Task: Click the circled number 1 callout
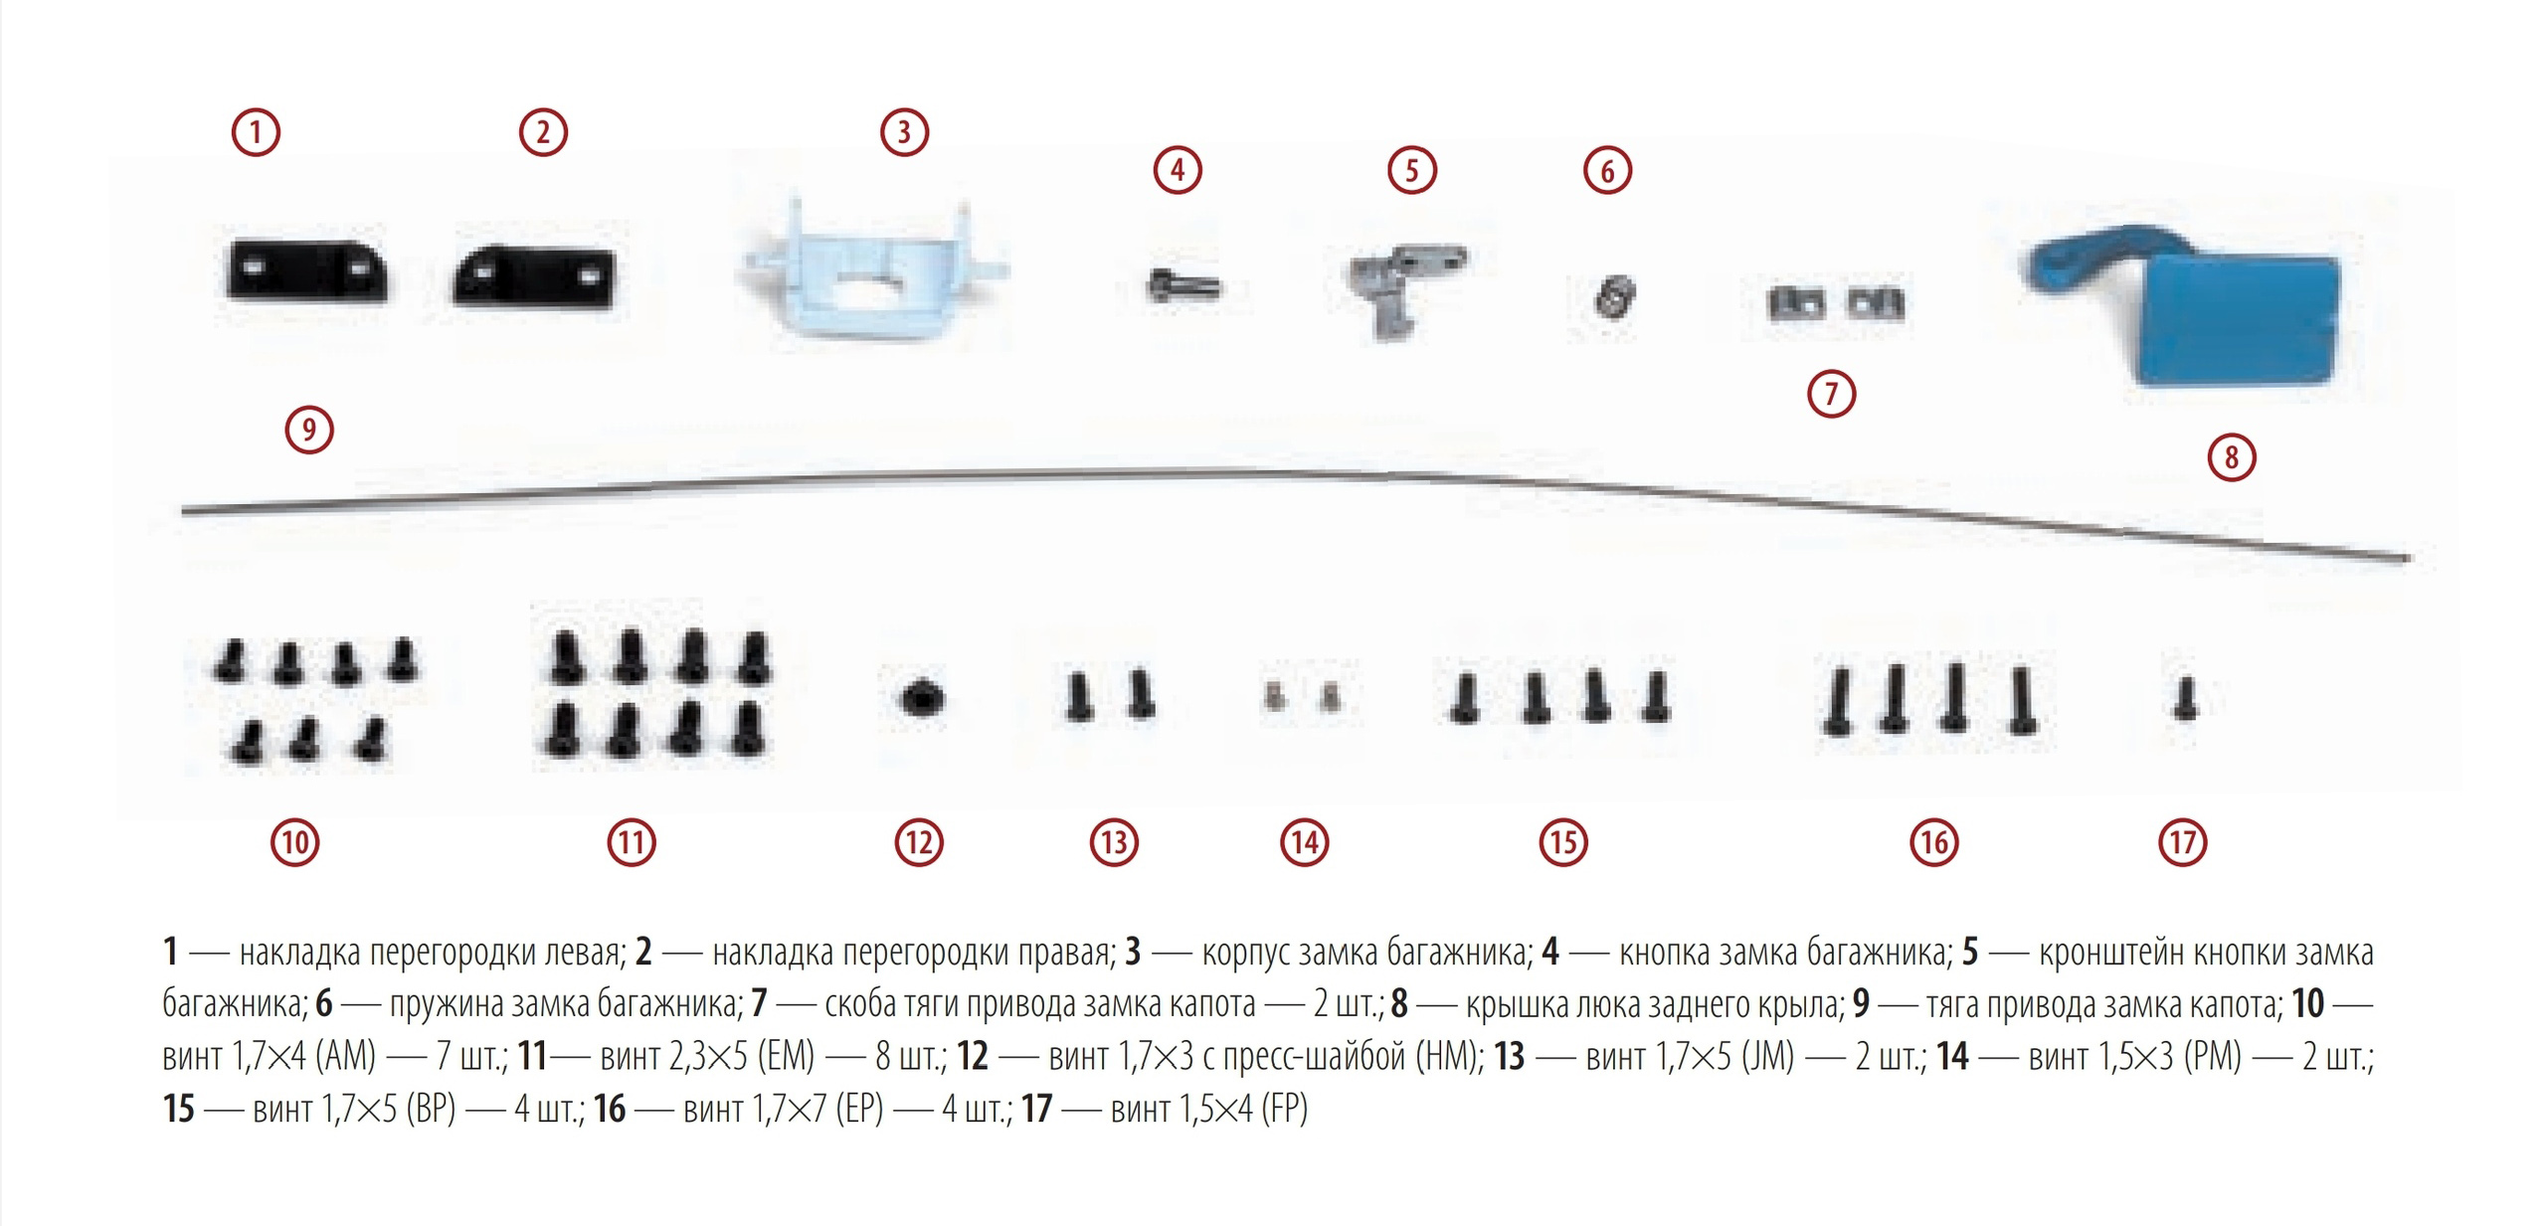[x=256, y=132]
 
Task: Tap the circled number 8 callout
[x=2231, y=457]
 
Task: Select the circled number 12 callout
[x=917, y=843]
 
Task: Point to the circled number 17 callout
[x=2182, y=843]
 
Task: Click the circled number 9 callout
[x=308, y=430]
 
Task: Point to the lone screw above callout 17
[x=2184, y=698]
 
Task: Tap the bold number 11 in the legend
[x=532, y=1055]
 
